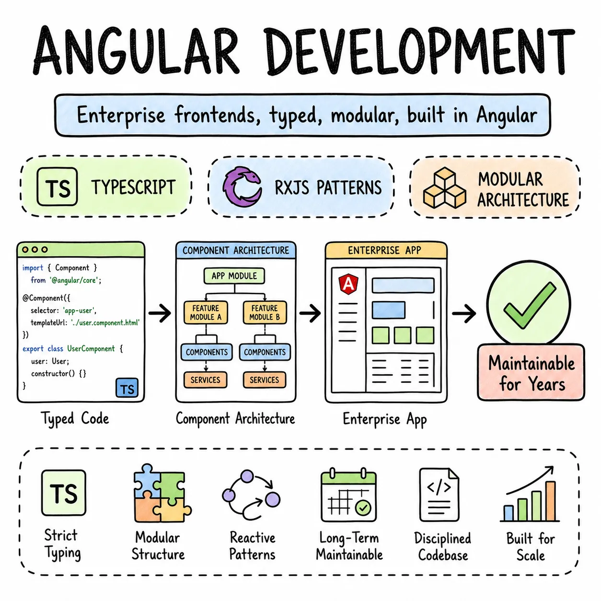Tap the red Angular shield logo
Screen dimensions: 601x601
[x=348, y=284]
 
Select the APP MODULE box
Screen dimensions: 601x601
[x=234, y=276]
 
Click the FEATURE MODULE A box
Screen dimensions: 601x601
[x=206, y=312]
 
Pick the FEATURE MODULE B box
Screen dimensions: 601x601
[x=265, y=312]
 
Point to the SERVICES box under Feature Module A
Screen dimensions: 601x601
[x=205, y=380]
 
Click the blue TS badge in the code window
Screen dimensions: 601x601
[x=127, y=388]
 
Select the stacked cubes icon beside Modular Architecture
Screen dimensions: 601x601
[x=444, y=188]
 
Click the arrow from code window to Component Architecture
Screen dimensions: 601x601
[x=160, y=312]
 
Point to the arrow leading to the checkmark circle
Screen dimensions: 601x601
[x=464, y=313]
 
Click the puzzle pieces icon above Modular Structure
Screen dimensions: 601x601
[x=162, y=493]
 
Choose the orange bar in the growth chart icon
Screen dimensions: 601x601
[x=551, y=501]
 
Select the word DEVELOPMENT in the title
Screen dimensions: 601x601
[x=419, y=51]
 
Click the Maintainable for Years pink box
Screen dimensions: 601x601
[x=531, y=372]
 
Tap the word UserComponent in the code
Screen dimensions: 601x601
[x=91, y=349]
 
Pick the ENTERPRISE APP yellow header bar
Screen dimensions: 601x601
[x=386, y=251]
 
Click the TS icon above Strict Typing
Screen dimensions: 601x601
[x=64, y=493]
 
